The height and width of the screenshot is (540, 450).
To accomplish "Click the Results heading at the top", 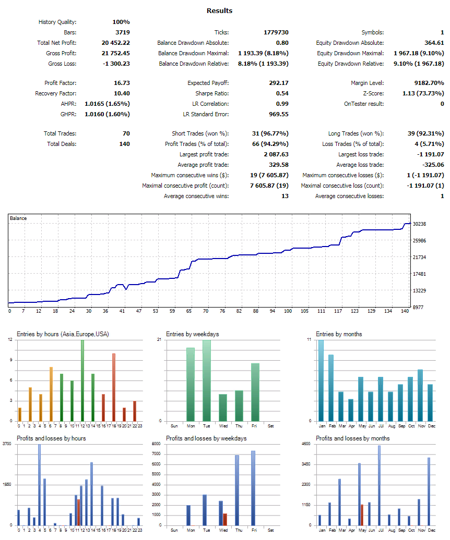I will click(219, 10).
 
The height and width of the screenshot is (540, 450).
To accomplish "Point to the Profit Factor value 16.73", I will click(121, 83).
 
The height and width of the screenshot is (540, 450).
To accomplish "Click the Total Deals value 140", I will click(124, 144).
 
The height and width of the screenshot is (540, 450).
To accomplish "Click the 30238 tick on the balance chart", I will click(420, 224).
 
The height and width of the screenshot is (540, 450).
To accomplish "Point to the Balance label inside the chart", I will click(18, 218).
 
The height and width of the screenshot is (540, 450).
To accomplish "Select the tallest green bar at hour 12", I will click(82, 380).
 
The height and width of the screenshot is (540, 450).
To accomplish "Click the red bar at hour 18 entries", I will click(113, 387).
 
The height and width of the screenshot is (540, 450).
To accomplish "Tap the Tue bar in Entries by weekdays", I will click(207, 380).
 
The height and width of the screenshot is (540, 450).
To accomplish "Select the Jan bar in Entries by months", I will click(321, 380).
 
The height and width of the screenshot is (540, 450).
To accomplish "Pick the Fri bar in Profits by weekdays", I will click(253, 488).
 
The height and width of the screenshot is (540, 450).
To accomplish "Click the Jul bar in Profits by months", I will click(379, 485).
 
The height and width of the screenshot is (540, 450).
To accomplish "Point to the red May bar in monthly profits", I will click(362, 514).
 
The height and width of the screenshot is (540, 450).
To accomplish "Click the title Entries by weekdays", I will click(190, 334).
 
